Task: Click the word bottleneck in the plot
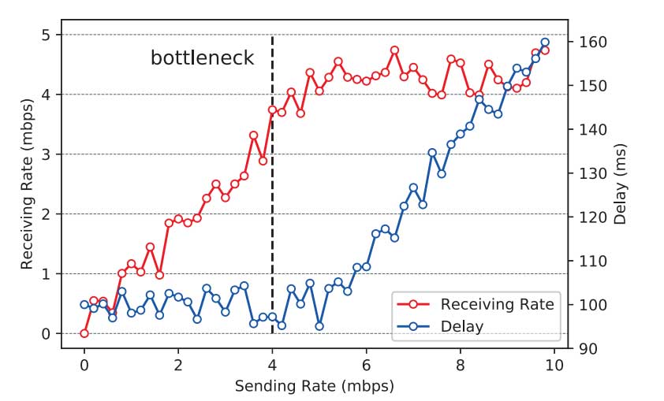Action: click(x=203, y=58)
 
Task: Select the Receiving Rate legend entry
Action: click(x=497, y=303)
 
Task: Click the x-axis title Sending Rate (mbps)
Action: click(x=314, y=387)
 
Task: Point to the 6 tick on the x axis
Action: click(x=367, y=366)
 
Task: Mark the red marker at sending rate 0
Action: click(x=84, y=333)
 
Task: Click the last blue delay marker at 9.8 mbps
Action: click(x=545, y=43)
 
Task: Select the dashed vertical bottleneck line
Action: click(x=272, y=197)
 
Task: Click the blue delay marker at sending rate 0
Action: click(x=84, y=305)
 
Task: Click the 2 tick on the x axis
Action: click(x=178, y=366)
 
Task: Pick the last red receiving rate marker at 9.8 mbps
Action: click(x=545, y=50)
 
